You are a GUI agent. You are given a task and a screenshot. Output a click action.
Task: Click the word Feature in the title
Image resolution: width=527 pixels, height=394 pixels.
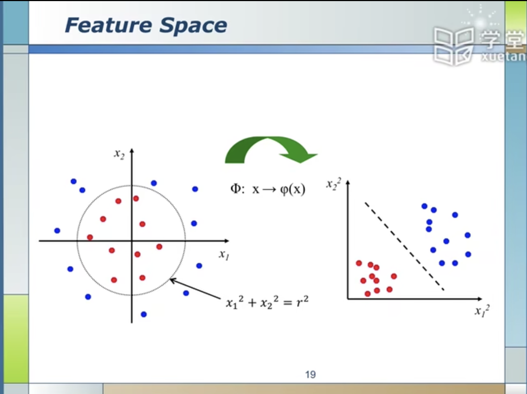pyautogui.click(x=108, y=25)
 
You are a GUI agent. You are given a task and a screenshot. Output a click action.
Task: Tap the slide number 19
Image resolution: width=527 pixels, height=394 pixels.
pyautogui.click(x=310, y=374)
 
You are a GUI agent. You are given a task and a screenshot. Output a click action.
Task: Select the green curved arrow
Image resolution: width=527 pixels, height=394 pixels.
pyautogui.click(x=269, y=149)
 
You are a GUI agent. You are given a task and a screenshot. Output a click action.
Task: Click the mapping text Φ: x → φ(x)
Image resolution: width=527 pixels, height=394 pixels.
pyautogui.click(x=268, y=189)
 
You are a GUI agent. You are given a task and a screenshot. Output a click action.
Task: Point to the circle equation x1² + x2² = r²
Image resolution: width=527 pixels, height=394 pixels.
pyautogui.click(x=267, y=302)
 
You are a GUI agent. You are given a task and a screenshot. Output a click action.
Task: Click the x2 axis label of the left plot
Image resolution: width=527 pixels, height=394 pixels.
pyautogui.click(x=119, y=154)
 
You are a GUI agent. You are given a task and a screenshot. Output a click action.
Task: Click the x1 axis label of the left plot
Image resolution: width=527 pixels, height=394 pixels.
pyautogui.click(x=224, y=254)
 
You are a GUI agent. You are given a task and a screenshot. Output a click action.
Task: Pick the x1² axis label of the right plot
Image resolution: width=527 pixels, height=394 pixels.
pyautogui.click(x=482, y=311)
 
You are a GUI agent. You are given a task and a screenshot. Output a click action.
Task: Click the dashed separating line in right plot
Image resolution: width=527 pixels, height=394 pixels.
pyautogui.click(x=404, y=246)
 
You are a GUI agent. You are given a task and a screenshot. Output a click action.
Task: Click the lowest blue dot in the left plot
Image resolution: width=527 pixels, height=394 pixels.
pyautogui.click(x=144, y=314)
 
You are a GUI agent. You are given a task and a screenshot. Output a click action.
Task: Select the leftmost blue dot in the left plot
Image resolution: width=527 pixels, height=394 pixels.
pyautogui.click(x=57, y=230)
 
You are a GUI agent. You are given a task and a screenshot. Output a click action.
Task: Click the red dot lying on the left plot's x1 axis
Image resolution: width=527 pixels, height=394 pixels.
pyautogui.click(x=90, y=237)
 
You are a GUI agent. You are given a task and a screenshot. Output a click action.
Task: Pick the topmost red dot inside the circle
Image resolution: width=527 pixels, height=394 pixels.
pyautogui.click(x=136, y=198)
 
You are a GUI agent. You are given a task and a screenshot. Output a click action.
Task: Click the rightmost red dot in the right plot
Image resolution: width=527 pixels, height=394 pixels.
pyautogui.click(x=394, y=276)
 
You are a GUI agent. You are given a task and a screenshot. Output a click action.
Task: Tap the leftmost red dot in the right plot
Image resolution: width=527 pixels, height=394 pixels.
pyautogui.click(x=359, y=263)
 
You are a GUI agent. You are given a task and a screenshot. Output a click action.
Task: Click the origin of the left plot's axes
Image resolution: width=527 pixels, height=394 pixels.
pyautogui.click(x=132, y=241)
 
